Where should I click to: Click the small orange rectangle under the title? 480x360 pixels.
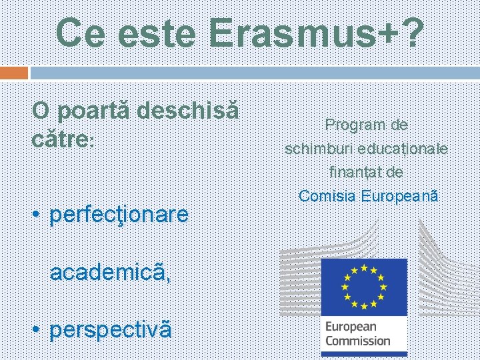click(14, 72)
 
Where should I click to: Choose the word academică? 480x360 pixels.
click(110, 272)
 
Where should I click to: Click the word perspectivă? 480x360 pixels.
click(111, 329)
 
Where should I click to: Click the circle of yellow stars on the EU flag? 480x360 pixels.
click(363, 286)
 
